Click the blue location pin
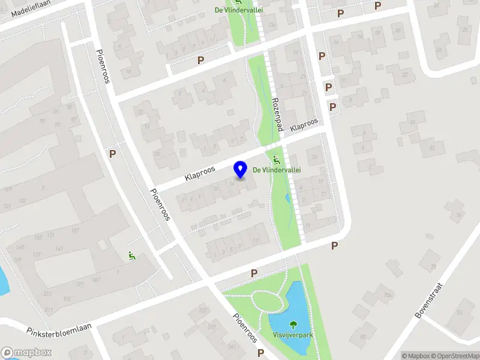(x=241, y=170)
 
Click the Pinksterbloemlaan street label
(x=58, y=328)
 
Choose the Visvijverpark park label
(x=293, y=335)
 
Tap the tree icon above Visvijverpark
(x=293, y=325)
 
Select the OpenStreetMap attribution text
(x=454, y=356)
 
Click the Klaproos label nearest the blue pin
(x=200, y=173)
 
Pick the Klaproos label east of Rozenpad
(x=304, y=125)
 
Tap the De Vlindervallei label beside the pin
(x=277, y=170)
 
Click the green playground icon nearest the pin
(x=277, y=160)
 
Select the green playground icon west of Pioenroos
(x=132, y=256)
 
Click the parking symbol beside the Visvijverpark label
(x=260, y=353)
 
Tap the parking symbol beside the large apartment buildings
(x=112, y=154)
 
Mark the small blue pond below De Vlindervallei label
(x=287, y=198)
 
